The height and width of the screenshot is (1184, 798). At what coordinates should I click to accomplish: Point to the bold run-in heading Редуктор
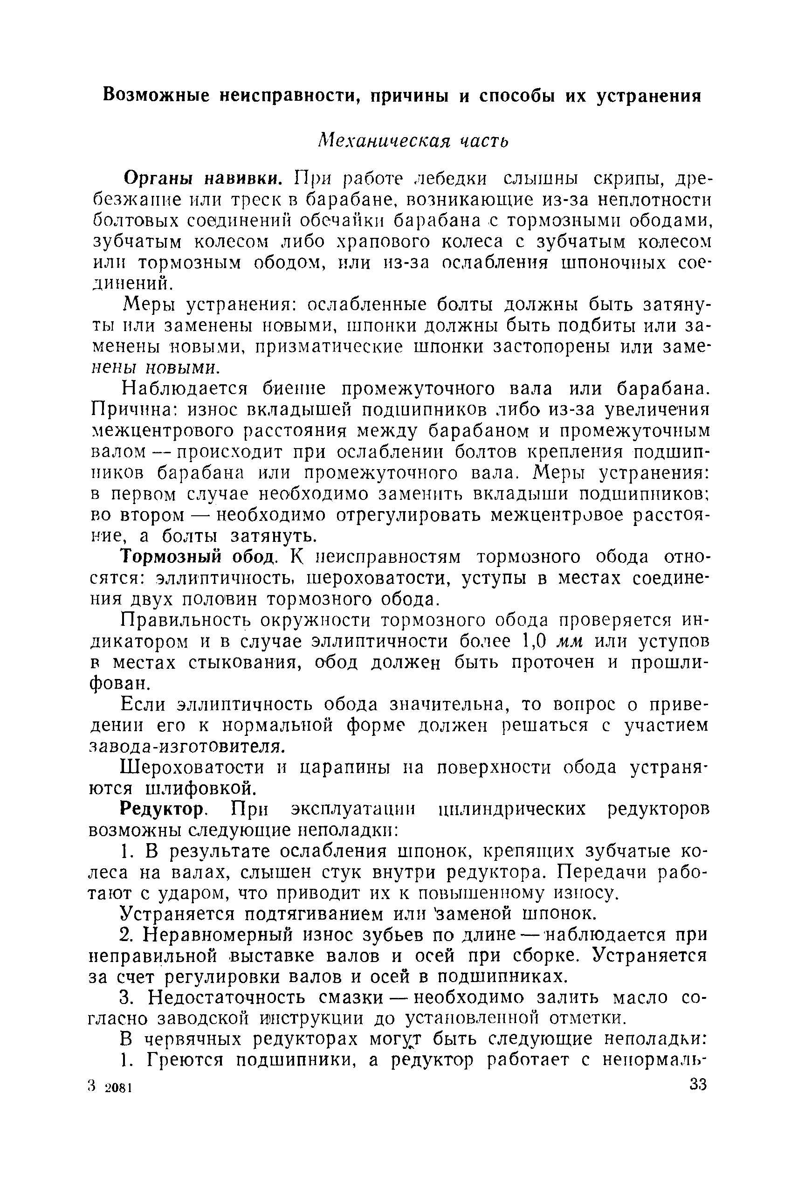point(162,809)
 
